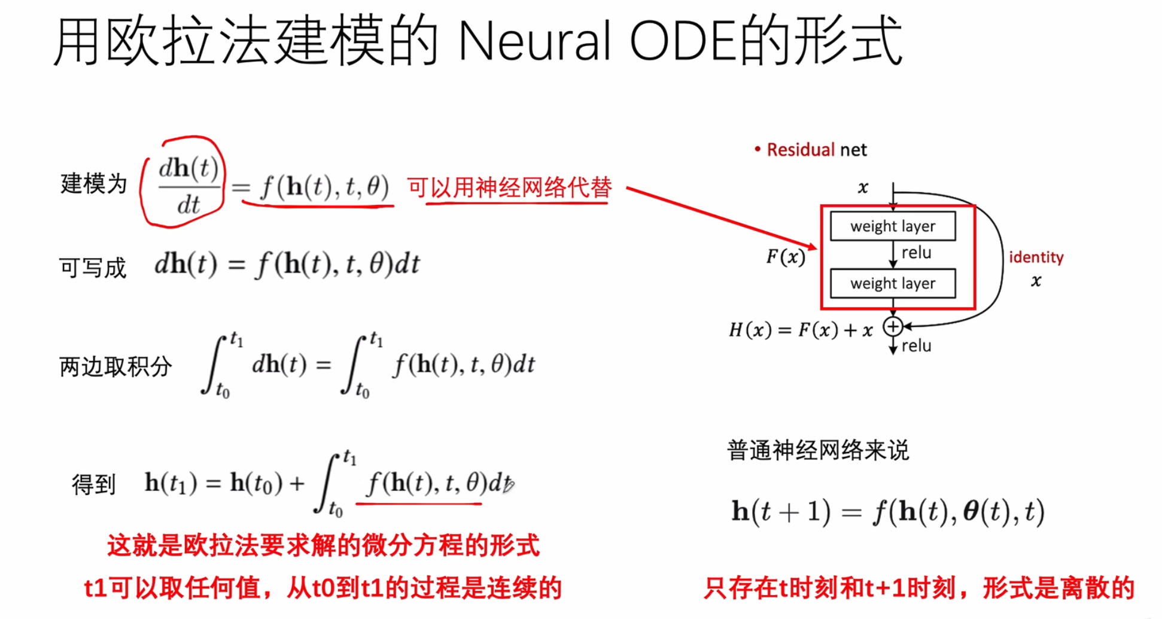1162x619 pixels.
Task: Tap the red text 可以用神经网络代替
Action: point(509,187)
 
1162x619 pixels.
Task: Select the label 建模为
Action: point(94,183)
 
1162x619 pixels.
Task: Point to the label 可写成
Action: point(93,268)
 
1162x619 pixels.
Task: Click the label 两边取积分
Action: point(115,366)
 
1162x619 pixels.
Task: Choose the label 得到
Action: point(93,484)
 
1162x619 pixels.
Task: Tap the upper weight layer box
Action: point(892,226)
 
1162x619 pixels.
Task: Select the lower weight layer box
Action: point(892,283)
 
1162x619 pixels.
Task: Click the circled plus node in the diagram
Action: point(893,326)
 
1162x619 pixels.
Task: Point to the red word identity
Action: point(1036,257)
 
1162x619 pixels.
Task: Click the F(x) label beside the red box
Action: point(786,257)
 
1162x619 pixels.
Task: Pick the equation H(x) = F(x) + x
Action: point(801,330)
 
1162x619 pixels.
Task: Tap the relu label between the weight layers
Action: point(916,253)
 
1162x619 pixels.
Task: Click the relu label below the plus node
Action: point(916,345)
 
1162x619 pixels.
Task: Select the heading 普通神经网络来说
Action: point(818,450)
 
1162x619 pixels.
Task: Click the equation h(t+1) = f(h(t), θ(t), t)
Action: point(888,512)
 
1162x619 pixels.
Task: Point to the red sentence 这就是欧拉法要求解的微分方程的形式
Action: point(323,545)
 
